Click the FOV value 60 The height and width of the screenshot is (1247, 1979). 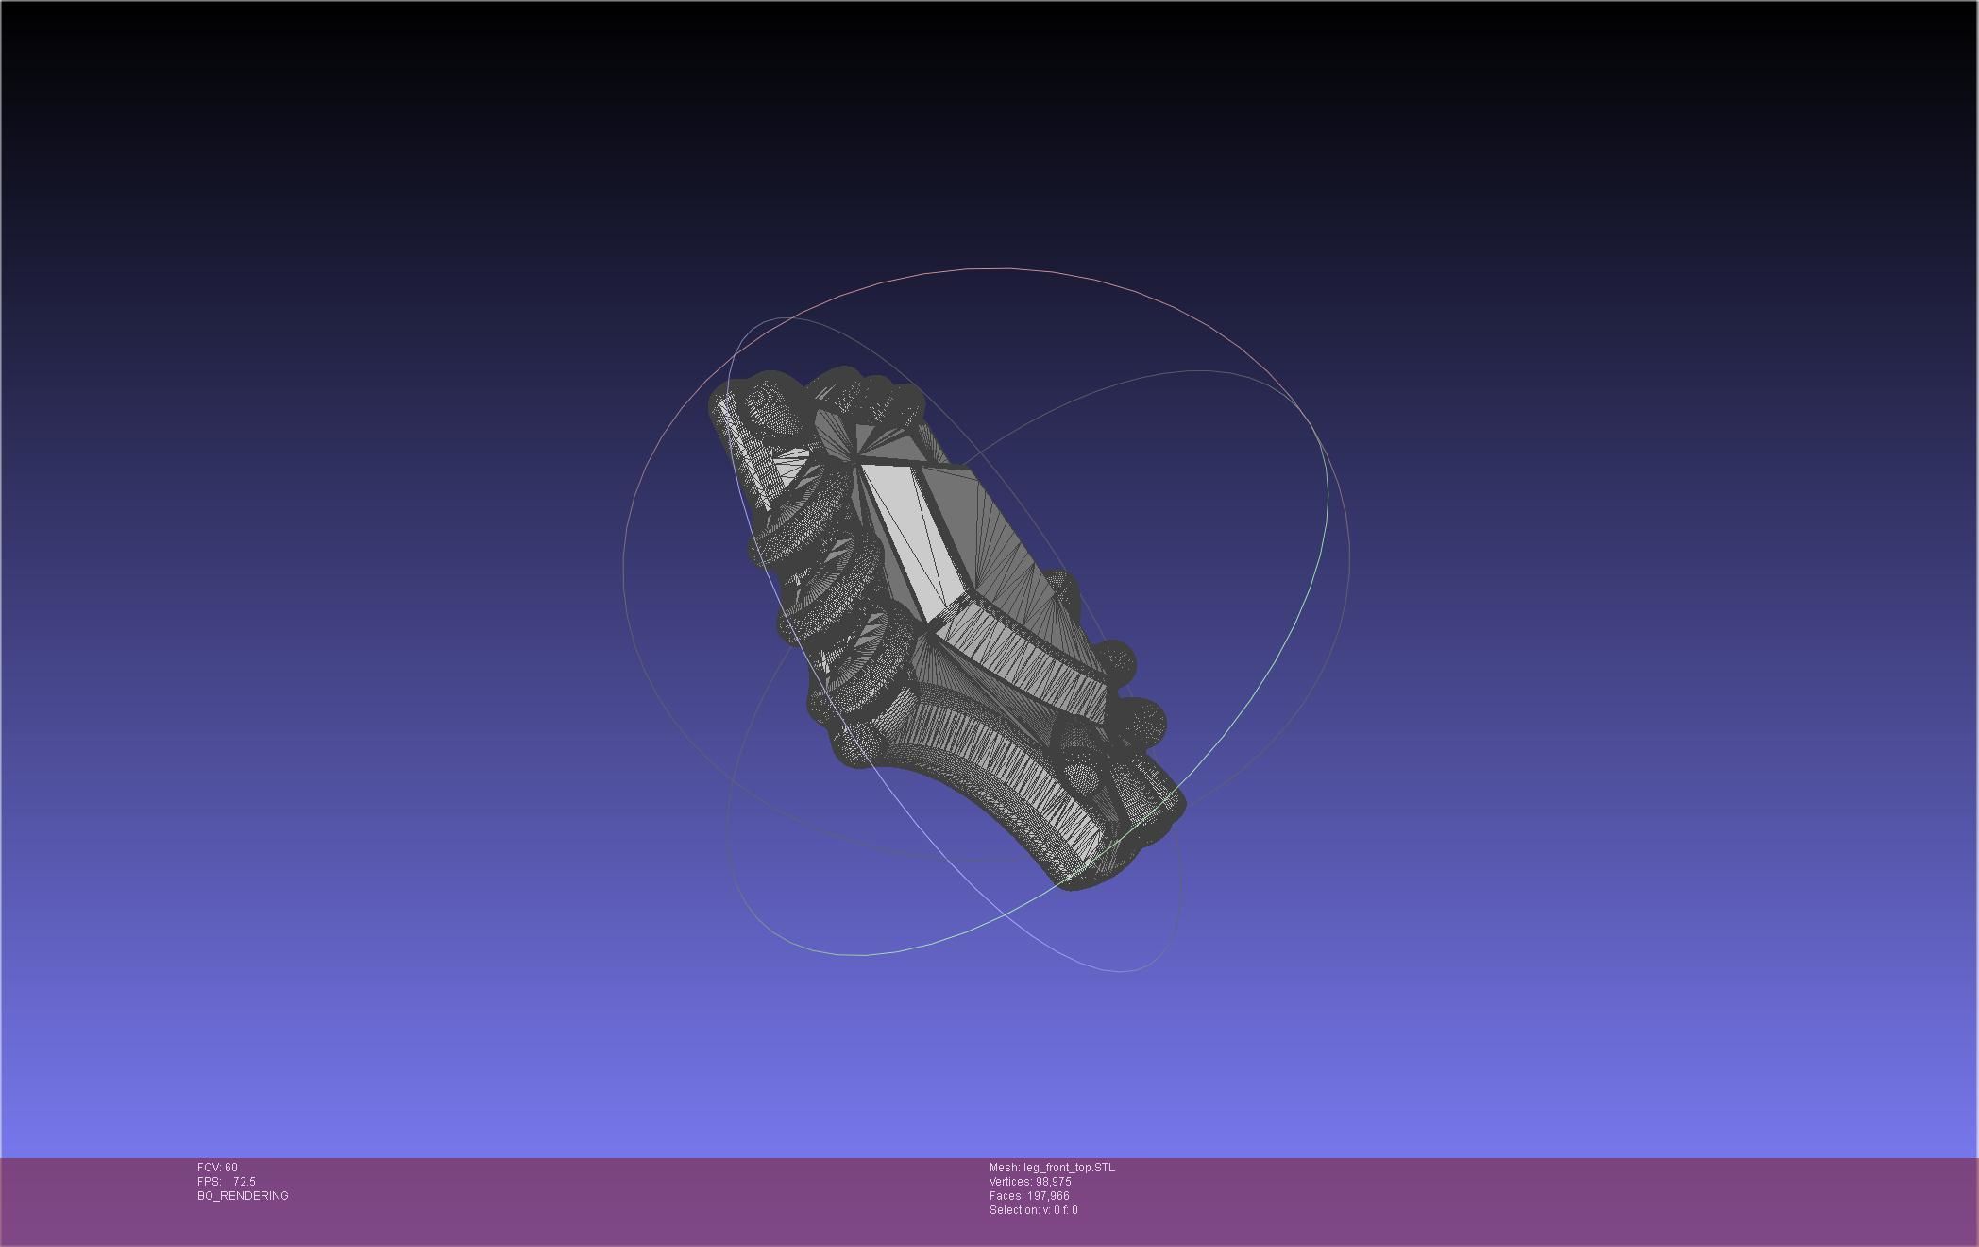(x=231, y=1168)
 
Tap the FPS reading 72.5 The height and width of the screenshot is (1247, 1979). (x=244, y=1182)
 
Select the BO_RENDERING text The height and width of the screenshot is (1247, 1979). (x=243, y=1196)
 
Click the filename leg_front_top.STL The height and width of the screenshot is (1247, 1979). (x=1069, y=1168)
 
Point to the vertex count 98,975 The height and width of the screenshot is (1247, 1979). (x=1053, y=1182)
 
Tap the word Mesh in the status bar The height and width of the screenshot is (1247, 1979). (x=1004, y=1168)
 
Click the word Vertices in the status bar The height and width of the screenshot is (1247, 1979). (x=1010, y=1182)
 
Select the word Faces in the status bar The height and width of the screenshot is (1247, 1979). (x=1005, y=1196)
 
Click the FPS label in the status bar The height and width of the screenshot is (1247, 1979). (x=208, y=1182)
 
